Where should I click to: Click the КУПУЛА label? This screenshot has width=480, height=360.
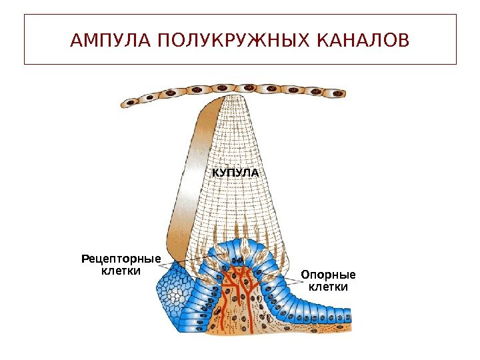pos(235,173)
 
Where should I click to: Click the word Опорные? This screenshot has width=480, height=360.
pos(328,275)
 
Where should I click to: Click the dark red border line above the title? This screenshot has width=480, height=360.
pos(240,15)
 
